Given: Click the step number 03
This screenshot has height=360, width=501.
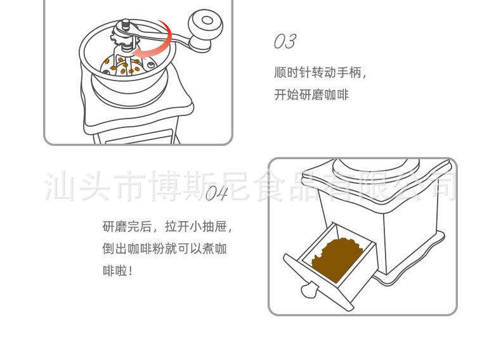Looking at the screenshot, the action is (285, 42).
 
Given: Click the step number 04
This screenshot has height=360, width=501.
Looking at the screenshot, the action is (216, 193).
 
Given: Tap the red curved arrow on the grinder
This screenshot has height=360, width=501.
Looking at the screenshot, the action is (159, 43).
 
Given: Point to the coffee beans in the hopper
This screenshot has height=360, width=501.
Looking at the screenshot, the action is (122, 63).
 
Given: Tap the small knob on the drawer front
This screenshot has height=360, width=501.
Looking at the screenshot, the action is (309, 290).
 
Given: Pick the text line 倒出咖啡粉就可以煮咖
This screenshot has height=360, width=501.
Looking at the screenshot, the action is (164, 248).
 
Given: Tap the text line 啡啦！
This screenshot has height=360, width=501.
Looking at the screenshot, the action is (118, 271).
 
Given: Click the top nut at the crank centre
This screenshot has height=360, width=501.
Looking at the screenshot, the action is (126, 23).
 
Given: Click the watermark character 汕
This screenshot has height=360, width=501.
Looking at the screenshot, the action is (58, 185).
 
